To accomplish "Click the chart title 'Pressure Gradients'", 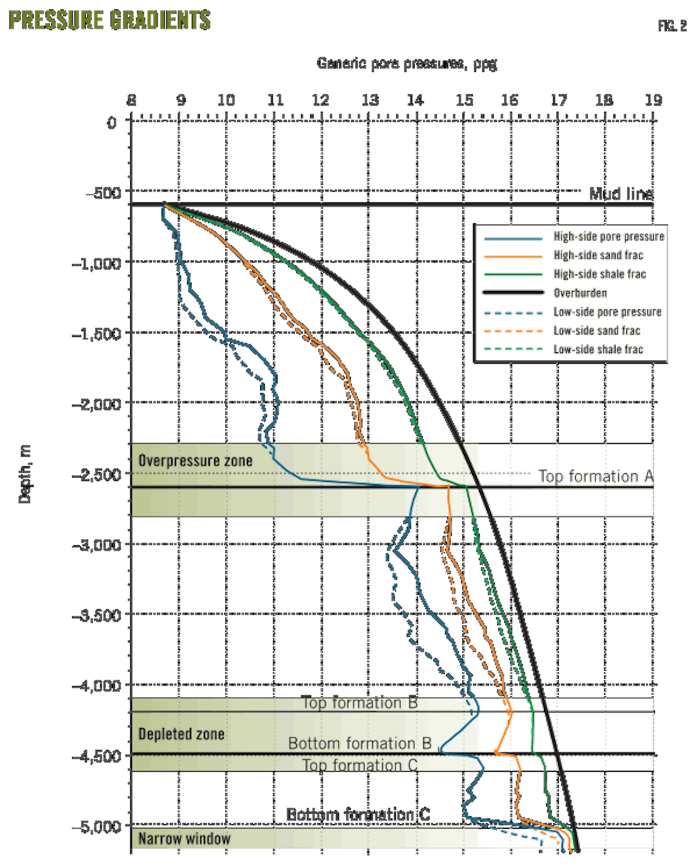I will point(110,20).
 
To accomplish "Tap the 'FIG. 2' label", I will point(672,26).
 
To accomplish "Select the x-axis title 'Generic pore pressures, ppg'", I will point(407,63).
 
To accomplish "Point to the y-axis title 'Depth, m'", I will point(25,474).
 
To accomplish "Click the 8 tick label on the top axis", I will point(132,101).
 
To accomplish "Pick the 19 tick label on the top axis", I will point(653,101).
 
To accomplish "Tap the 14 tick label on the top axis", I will point(415,101).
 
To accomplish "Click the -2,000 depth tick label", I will point(97,404).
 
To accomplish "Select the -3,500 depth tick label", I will point(97,615).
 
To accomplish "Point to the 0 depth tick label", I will point(112,123).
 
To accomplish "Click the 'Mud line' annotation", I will point(621,194).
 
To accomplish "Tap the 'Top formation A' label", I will point(595,477).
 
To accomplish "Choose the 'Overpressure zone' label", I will point(195,461).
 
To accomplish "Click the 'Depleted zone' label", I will point(181,734).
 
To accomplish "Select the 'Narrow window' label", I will point(184,839).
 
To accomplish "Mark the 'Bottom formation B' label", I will point(360,743).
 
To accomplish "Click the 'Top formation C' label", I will point(360,765).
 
